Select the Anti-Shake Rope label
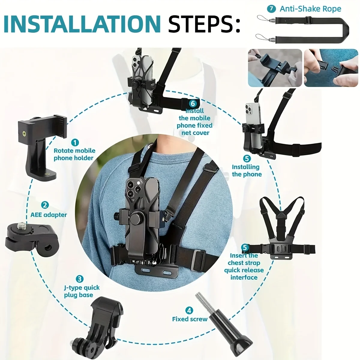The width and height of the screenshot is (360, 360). (310, 9)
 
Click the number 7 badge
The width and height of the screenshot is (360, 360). (271, 9)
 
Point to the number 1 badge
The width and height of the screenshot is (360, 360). (75, 143)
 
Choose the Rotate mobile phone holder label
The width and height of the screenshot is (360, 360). (74, 154)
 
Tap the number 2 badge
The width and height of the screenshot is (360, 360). (45, 205)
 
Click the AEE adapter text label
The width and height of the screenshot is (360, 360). (49, 215)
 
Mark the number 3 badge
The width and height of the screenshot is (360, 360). (79, 279)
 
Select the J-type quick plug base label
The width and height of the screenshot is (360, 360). (82, 291)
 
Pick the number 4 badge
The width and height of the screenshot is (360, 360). (189, 310)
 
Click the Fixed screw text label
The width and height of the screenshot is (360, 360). (190, 319)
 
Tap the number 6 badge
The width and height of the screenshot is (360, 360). (193, 103)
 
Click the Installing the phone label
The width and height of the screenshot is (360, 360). (247, 171)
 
